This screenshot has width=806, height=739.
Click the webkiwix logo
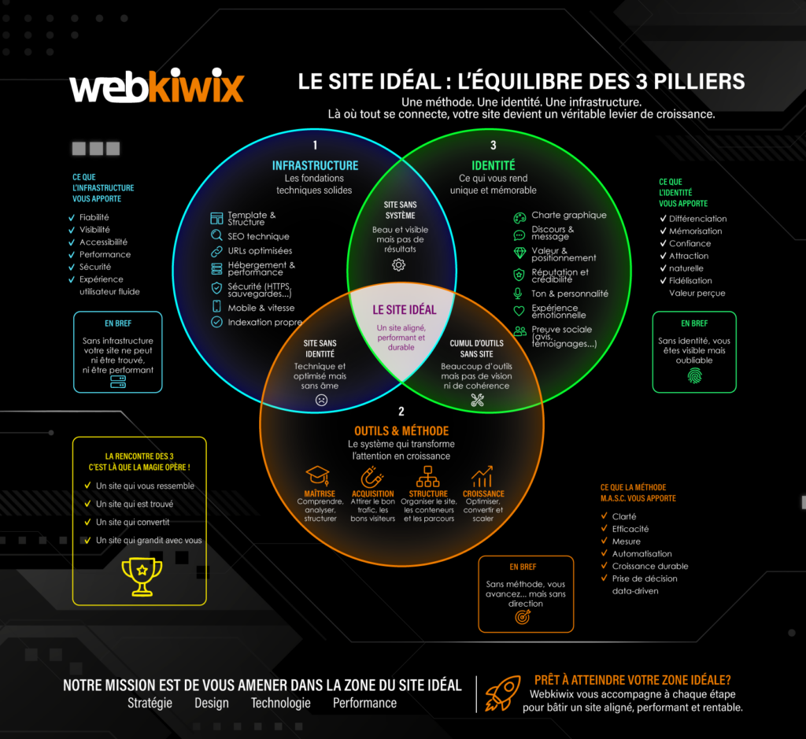[157, 85]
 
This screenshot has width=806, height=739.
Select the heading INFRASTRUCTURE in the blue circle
[315, 165]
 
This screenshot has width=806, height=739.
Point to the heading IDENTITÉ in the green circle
[494, 165]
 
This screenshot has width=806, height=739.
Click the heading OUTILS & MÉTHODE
[401, 430]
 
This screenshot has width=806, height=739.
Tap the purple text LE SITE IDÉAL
[404, 310]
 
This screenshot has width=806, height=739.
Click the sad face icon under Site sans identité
[321, 400]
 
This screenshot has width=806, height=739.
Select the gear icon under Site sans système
[399, 264]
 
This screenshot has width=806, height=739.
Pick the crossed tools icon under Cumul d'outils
[478, 400]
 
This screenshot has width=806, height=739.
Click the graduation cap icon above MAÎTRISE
[318, 476]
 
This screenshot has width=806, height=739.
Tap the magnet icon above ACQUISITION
[372, 476]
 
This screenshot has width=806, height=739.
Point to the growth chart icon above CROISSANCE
[482, 476]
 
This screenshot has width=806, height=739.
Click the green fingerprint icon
[694, 376]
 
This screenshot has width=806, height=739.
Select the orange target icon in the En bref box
[523, 617]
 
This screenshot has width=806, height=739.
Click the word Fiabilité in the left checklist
[94, 217]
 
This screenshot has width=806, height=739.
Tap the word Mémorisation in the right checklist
[696, 231]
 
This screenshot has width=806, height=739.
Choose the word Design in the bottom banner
[211, 703]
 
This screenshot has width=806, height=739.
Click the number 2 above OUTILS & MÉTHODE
[401, 412]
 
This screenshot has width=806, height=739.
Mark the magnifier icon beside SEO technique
[216, 235]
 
